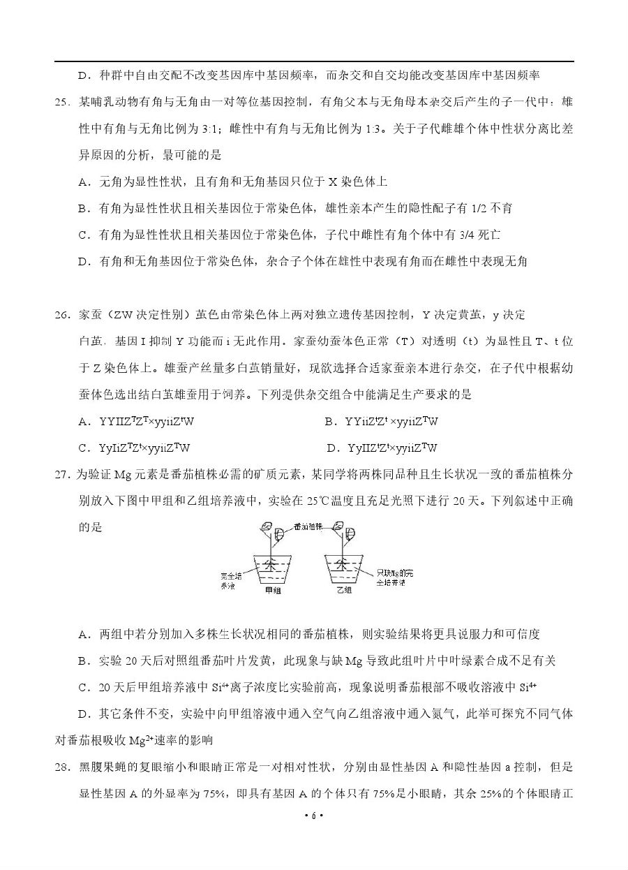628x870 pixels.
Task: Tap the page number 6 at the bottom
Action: click(314, 855)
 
